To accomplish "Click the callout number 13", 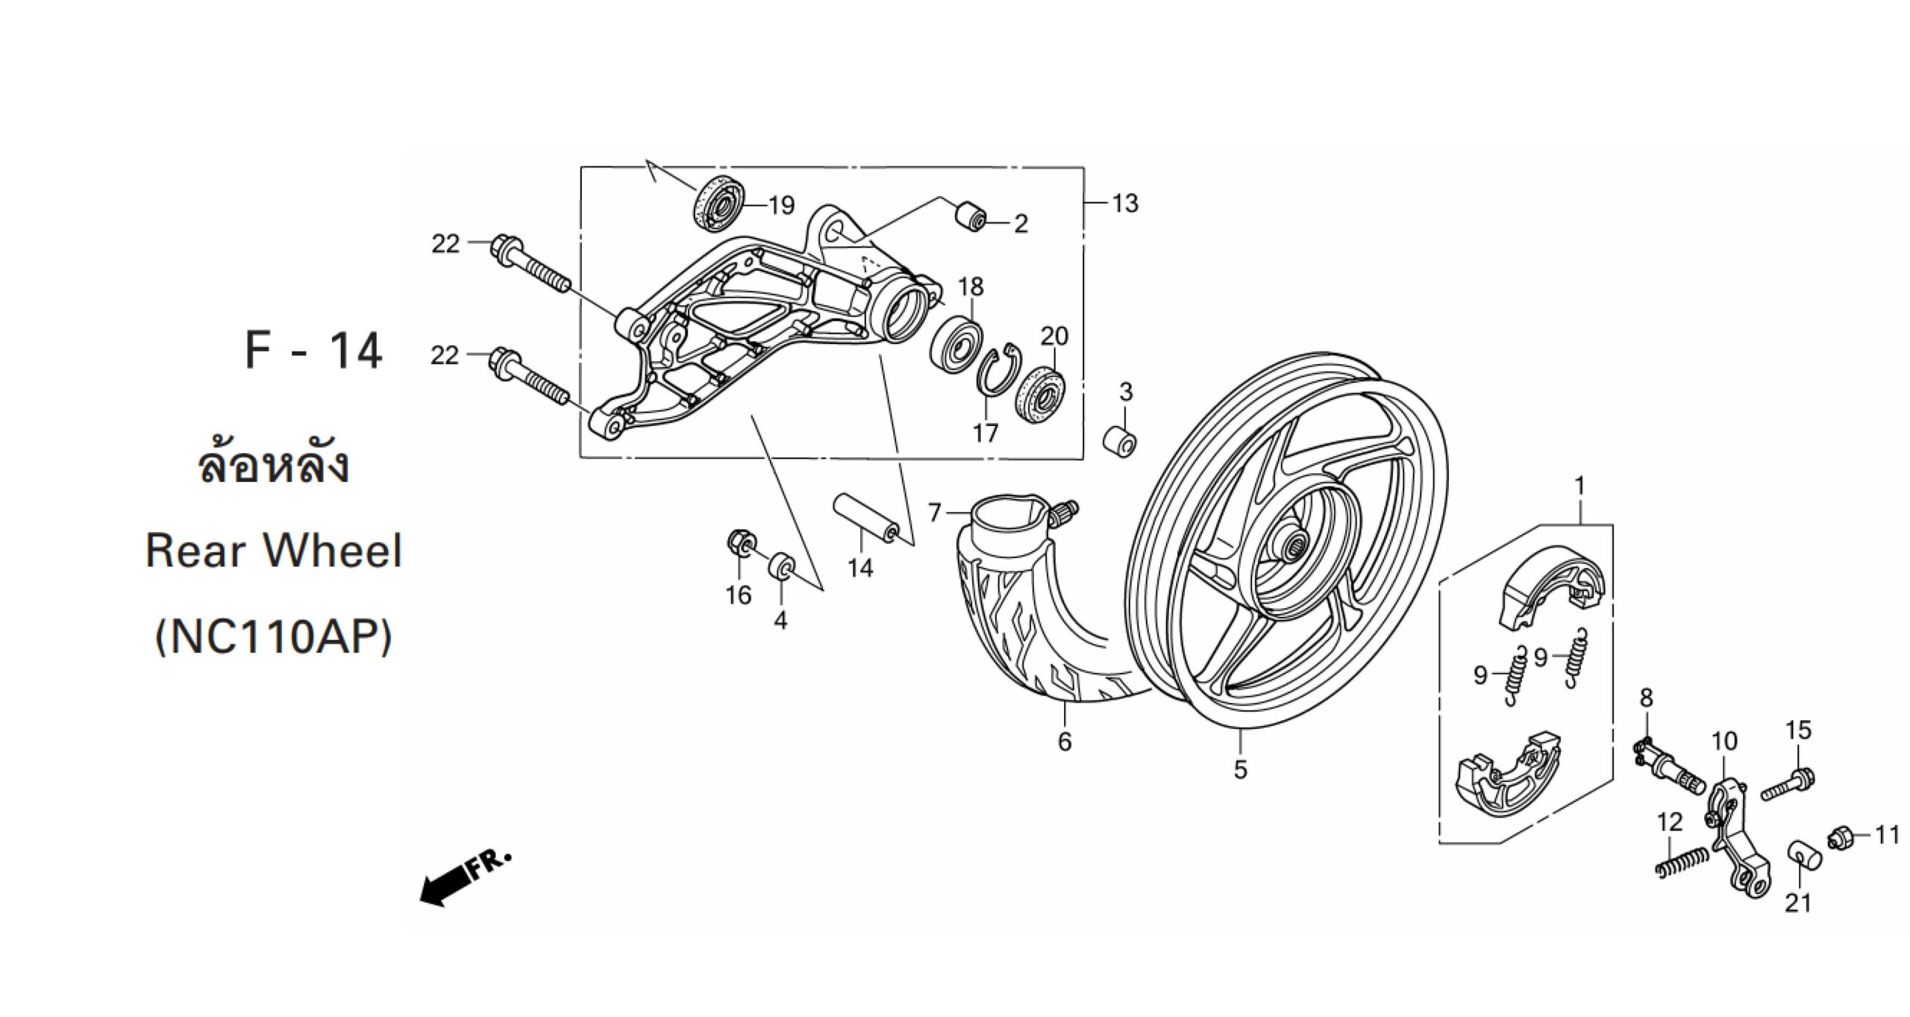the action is (x=1125, y=204).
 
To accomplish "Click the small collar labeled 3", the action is (x=1120, y=442).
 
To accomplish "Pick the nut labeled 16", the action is (x=742, y=545).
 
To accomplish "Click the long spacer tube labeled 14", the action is (x=863, y=517).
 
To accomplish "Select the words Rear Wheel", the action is (x=274, y=551).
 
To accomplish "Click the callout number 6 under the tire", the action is (x=1065, y=741).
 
